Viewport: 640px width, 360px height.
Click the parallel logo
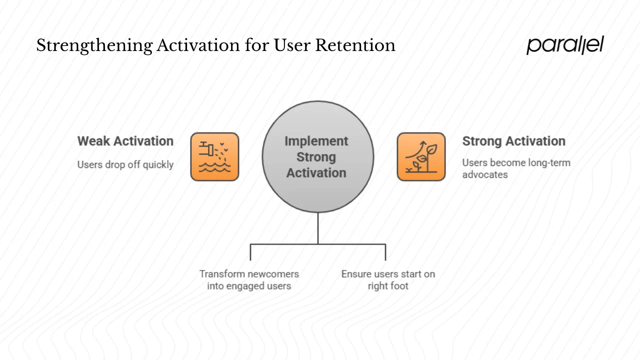565,45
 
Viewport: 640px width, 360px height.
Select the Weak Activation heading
125,141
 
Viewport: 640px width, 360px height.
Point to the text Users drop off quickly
125,164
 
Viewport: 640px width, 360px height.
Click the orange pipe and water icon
214,156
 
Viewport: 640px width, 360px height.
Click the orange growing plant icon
421,156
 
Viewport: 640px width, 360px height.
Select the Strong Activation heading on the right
513,141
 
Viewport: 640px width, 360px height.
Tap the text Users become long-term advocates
515,168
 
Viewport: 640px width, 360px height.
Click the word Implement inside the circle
316,141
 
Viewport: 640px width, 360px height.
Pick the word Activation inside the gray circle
316,173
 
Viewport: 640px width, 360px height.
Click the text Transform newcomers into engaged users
249,280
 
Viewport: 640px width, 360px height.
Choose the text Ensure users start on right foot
388,280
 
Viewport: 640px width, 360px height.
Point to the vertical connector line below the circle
318,228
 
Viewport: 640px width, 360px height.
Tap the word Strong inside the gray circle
316,157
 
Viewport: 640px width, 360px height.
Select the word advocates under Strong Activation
484,174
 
